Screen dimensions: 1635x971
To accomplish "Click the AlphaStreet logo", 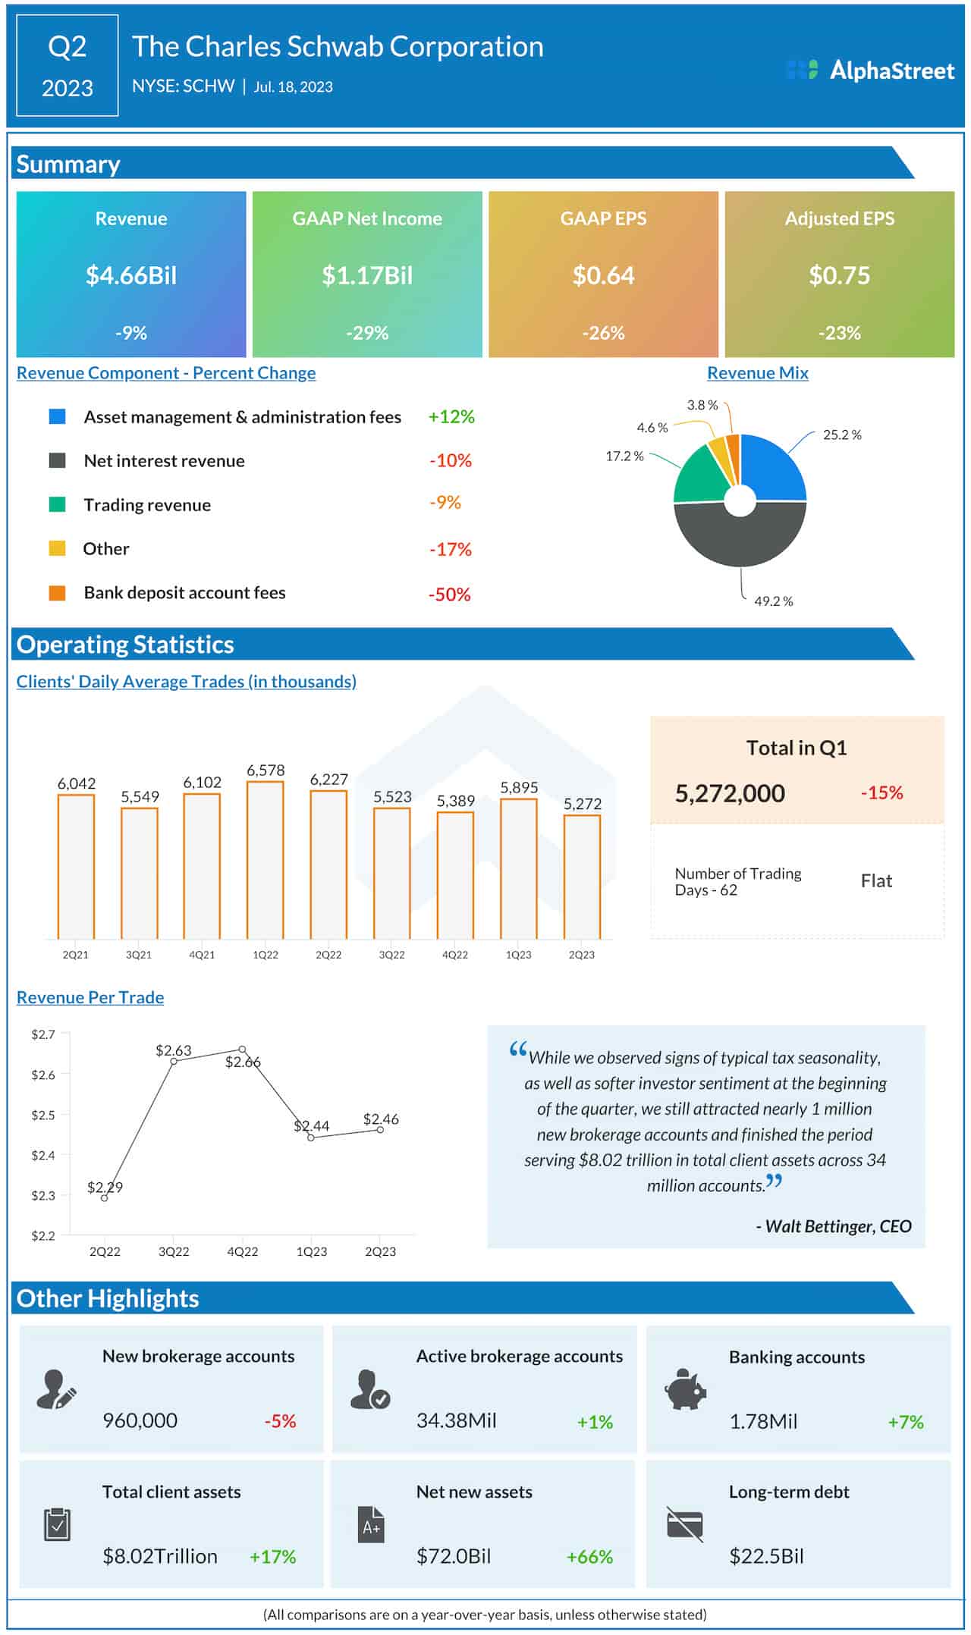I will pyautogui.click(x=870, y=71).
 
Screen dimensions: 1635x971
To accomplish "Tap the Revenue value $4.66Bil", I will pyautogui.click(x=131, y=275).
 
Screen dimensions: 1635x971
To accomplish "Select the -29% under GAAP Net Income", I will pyautogui.click(x=367, y=333).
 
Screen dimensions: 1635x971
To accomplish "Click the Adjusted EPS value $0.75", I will pyautogui.click(x=839, y=275).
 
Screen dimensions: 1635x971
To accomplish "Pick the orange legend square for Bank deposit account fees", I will pyautogui.click(x=57, y=593).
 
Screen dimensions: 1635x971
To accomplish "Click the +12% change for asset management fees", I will pyautogui.click(x=451, y=417).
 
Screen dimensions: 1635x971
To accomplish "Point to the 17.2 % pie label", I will pyautogui.click(x=624, y=456).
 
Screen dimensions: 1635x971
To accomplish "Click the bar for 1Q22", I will pyautogui.click(x=266, y=861).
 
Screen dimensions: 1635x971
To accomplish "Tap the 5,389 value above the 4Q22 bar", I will pyautogui.click(x=456, y=801).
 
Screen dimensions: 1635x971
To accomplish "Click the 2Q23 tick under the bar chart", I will pyautogui.click(x=582, y=955).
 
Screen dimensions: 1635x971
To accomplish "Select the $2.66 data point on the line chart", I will pyautogui.click(x=242, y=1050).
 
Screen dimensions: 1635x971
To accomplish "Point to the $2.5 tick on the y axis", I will pyautogui.click(x=42, y=1115).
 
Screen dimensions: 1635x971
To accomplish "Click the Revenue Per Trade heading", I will pyautogui.click(x=90, y=997).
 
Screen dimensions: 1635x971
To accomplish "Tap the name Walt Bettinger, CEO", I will pyautogui.click(x=837, y=1226).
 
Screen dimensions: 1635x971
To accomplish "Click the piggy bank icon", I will pyautogui.click(x=685, y=1389).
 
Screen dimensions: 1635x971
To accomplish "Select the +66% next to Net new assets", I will pyautogui.click(x=589, y=1557).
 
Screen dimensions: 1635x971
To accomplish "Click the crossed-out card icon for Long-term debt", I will pyautogui.click(x=684, y=1524).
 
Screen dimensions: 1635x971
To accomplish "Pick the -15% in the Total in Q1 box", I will pyautogui.click(x=881, y=793).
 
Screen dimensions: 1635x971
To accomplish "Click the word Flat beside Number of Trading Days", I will pyautogui.click(x=876, y=881).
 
